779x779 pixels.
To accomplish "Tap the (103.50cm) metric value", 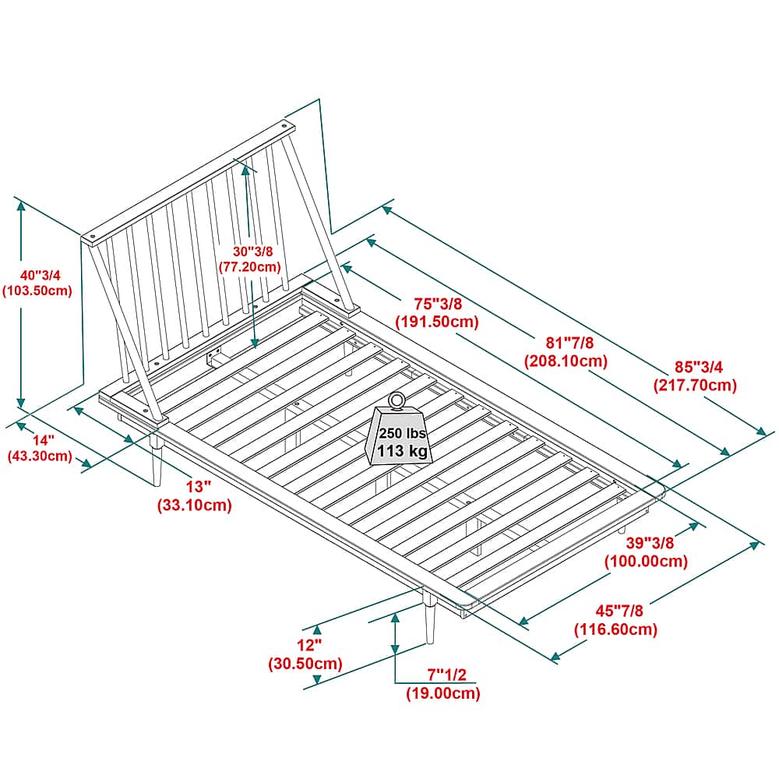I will click(x=37, y=291).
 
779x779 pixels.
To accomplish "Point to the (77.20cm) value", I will click(x=249, y=266).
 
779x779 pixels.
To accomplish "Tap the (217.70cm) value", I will click(x=694, y=385).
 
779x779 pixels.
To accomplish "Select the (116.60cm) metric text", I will click(x=615, y=629).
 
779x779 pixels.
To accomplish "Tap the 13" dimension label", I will click(x=199, y=487).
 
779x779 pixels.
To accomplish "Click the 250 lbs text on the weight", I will click(x=401, y=433).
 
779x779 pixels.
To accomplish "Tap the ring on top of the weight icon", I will click(x=397, y=400).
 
